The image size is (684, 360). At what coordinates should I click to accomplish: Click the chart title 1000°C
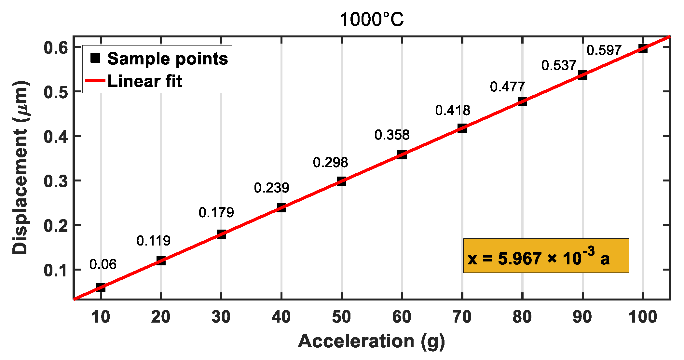372,20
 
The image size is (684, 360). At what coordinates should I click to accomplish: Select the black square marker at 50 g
341,181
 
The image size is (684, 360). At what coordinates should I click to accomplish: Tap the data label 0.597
604,50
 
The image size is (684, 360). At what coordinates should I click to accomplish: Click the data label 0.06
103,264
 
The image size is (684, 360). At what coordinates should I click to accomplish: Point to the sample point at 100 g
643,48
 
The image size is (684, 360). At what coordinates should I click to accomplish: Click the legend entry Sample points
167,59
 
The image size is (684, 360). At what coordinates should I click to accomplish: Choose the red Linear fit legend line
95,80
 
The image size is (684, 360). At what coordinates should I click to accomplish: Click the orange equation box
546,256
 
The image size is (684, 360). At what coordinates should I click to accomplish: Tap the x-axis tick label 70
462,317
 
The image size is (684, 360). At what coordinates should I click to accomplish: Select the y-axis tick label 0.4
56,137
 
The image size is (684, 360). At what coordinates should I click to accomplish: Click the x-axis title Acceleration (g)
371,341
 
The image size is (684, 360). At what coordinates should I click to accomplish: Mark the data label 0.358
392,135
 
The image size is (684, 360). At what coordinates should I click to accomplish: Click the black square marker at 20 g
161,260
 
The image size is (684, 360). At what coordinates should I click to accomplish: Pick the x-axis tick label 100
643,317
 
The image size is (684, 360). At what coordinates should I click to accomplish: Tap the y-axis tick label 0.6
56,48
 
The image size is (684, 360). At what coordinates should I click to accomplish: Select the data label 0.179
216,213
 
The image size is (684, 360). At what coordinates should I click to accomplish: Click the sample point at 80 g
522,101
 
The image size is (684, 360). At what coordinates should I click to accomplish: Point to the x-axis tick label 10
101,317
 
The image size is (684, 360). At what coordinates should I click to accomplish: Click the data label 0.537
559,66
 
